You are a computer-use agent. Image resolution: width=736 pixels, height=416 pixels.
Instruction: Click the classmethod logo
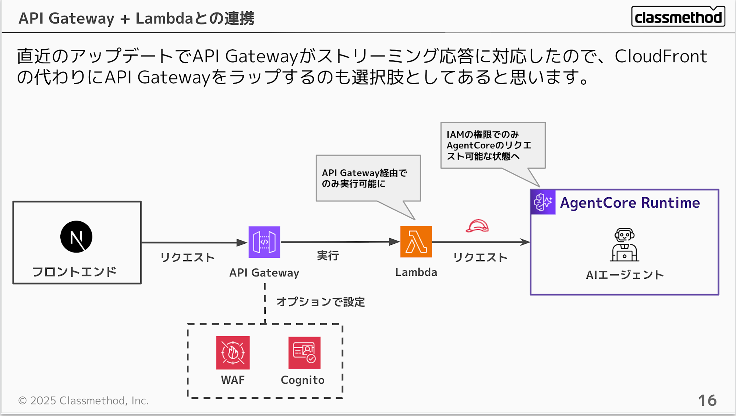click(x=678, y=17)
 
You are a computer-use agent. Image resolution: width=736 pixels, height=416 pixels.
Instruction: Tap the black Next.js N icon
click(x=76, y=237)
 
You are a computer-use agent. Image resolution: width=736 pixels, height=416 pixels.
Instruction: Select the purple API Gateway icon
click(x=264, y=242)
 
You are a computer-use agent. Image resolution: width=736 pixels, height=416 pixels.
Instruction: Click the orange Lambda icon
click(x=416, y=242)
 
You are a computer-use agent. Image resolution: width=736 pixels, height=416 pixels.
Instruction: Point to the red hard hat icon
click(x=477, y=226)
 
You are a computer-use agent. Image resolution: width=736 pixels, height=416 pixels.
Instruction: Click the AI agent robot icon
click(x=624, y=245)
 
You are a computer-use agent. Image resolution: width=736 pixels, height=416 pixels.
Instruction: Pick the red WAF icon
click(x=233, y=352)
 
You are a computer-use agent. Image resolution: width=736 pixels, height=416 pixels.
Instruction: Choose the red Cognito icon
click(x=304, y=352)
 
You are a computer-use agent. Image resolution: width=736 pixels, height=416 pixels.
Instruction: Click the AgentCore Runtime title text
click(x=630, y=203)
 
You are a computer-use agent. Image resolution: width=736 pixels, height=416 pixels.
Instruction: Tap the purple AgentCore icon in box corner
click(x=543, y=202)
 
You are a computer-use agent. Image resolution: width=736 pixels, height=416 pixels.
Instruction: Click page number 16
click(x=707, y=401)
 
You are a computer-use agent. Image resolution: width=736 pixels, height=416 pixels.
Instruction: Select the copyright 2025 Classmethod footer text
click(x=84, y=401)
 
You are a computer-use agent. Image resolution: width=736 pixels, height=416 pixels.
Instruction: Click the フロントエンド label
click(x=74, y=272)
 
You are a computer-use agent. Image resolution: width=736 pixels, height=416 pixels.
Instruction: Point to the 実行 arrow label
click(x=328, y=255)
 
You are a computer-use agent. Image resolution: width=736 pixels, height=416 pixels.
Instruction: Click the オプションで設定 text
click(x=321, y=302)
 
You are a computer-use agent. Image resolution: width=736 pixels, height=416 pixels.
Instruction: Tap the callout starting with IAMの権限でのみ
click(x=492, y=145)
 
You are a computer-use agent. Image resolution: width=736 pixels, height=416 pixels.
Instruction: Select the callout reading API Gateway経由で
click(x=368, y=178)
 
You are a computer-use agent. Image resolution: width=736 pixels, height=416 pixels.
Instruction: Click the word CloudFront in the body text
click(x=661, y=56)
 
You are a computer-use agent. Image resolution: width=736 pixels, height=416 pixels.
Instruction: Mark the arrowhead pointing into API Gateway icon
click(x=242, y=243)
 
